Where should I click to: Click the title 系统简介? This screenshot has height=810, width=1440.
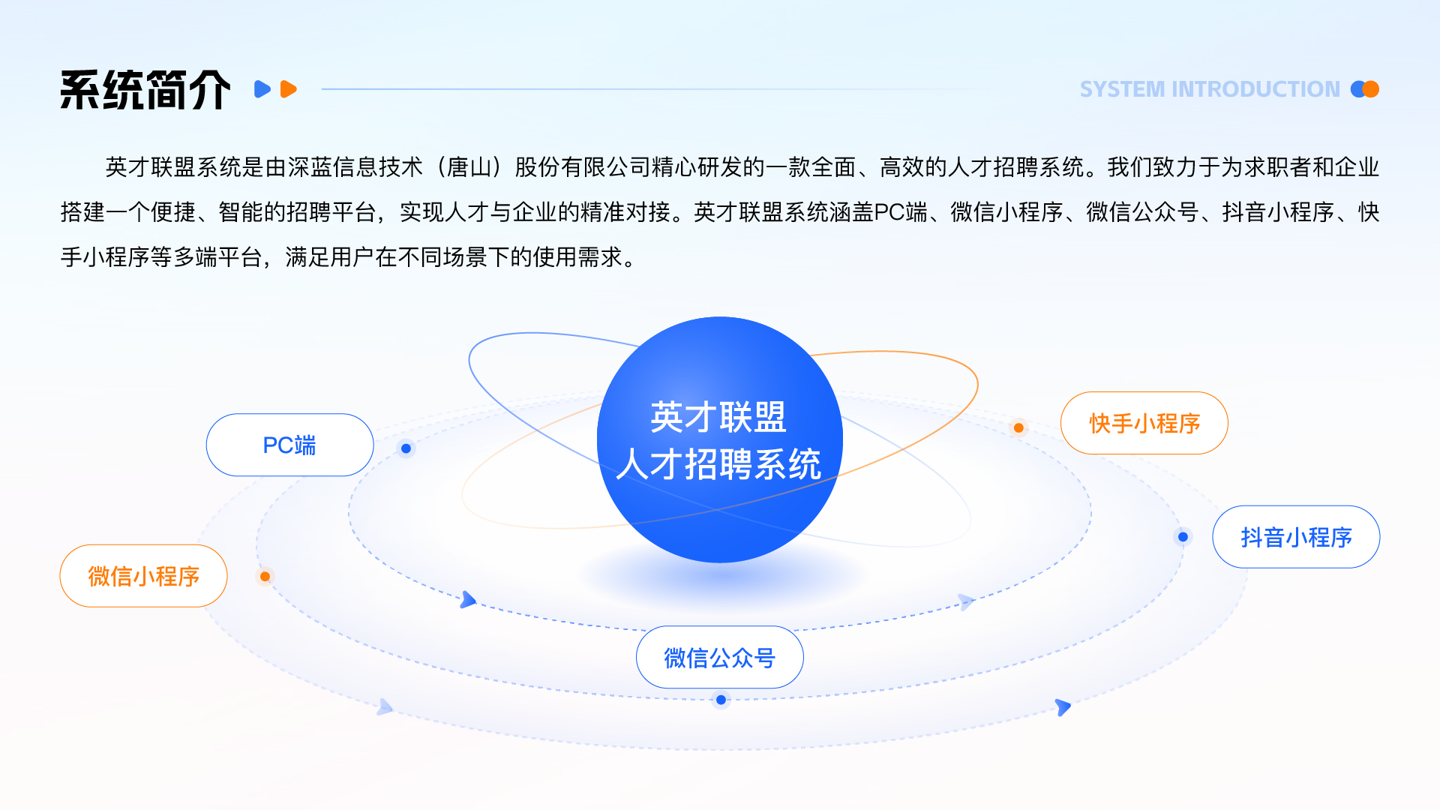[x=145, y=90]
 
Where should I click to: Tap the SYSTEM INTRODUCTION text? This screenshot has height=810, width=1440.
[x=1209, y=89]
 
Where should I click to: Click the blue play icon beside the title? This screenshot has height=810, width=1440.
[x=262, y=89]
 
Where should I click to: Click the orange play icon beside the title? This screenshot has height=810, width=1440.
[x=288, y=89]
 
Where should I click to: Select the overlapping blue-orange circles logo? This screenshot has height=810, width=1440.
[x=1365, y=89]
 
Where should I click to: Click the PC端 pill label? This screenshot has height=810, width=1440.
[x=289, y=445]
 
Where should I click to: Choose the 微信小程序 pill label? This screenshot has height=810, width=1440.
[x=143, y=576]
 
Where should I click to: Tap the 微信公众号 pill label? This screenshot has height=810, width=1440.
[x=719, y=657]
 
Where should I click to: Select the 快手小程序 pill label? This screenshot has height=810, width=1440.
[x=1144, y=423]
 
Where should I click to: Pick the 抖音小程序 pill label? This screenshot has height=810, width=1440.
[x=1296, y=537]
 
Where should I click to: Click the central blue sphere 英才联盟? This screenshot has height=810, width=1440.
[x=720, y=439]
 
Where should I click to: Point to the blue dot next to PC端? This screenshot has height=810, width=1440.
[x=406, y=448]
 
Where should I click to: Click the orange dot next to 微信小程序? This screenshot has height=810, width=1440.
[x=265, y=576]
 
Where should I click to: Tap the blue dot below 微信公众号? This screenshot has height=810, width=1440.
[x=721, y=700]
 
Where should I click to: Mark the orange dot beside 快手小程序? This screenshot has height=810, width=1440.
[x=1018, y=427]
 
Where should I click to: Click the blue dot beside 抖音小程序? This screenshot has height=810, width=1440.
[x=1183, y=537]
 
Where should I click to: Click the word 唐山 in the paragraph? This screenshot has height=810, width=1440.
[x=469, y=167]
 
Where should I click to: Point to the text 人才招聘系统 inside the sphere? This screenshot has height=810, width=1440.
[x=718, y=464]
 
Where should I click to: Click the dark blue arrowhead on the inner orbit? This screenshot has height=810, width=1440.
[x=468, y=599]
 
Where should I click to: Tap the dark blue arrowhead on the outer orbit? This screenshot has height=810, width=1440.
[x=1063, y=706]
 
